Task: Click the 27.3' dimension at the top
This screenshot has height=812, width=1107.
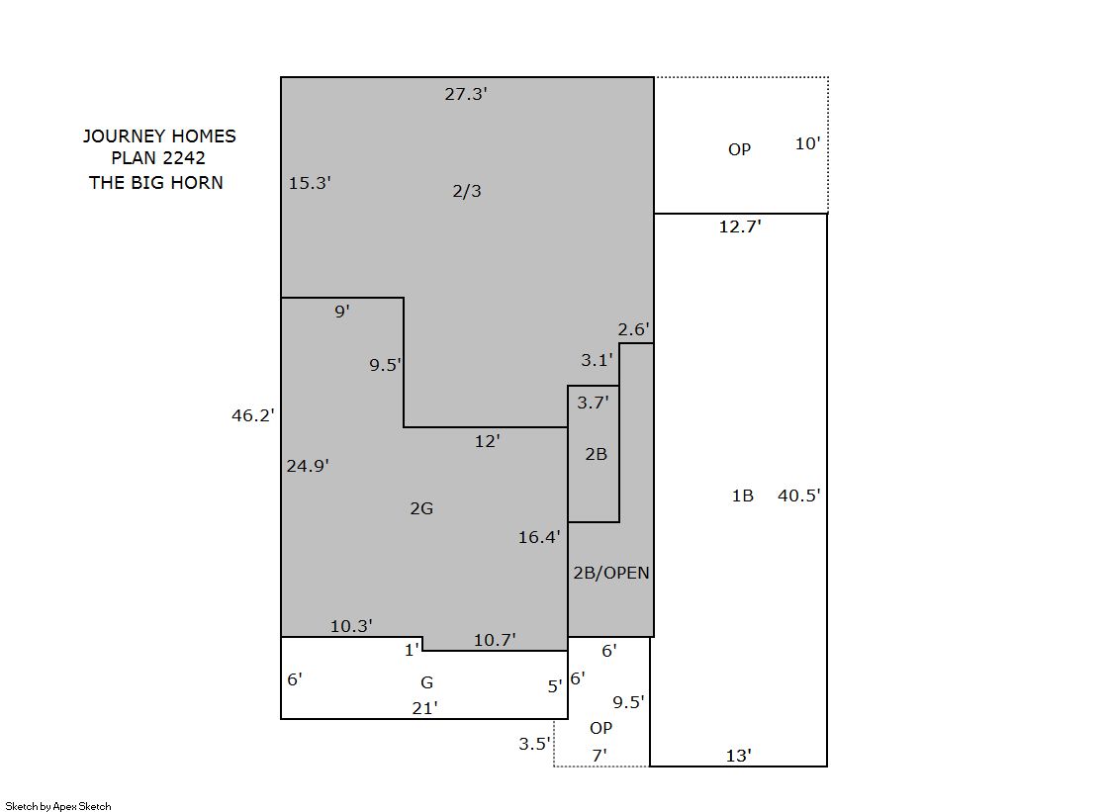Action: click(x=466, y=94)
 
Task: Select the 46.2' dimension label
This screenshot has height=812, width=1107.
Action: click(x=252, y=415)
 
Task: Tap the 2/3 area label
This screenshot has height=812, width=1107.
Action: click(x=467, y=191)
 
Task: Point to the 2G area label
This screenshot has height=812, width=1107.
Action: click(x=421, y=508)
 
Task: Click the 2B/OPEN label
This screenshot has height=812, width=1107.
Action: click(x=611, y=573)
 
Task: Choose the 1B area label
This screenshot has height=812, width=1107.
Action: click(x=743, y=496)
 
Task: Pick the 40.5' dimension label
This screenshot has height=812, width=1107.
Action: click(x=798, y=496)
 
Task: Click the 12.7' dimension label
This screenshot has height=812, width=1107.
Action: click(x=740, y=226)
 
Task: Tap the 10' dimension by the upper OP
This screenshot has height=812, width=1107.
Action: click(x=807, y=143)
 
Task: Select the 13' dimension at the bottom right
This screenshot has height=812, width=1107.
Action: click(x=738, y=756)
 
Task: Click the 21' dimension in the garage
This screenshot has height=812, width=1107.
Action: click(x=425, y=708)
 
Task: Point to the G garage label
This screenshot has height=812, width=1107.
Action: click(x=427, y=682)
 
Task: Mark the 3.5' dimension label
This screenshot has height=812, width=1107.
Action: click(x=534, y=744)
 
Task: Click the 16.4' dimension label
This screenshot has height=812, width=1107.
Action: click(x=539, y=537)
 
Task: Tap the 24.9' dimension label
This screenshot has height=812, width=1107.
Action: click(x=308, y=466)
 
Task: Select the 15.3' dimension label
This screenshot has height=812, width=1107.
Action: click(x=310, y=183)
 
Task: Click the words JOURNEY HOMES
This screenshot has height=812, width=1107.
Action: click(x=159, y=136)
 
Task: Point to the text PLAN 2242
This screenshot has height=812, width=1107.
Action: click(x=158, y=158)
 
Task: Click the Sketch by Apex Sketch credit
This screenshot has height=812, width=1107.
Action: click(x=58, y=806)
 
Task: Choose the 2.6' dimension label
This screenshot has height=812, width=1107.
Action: click(x=634, y=329)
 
